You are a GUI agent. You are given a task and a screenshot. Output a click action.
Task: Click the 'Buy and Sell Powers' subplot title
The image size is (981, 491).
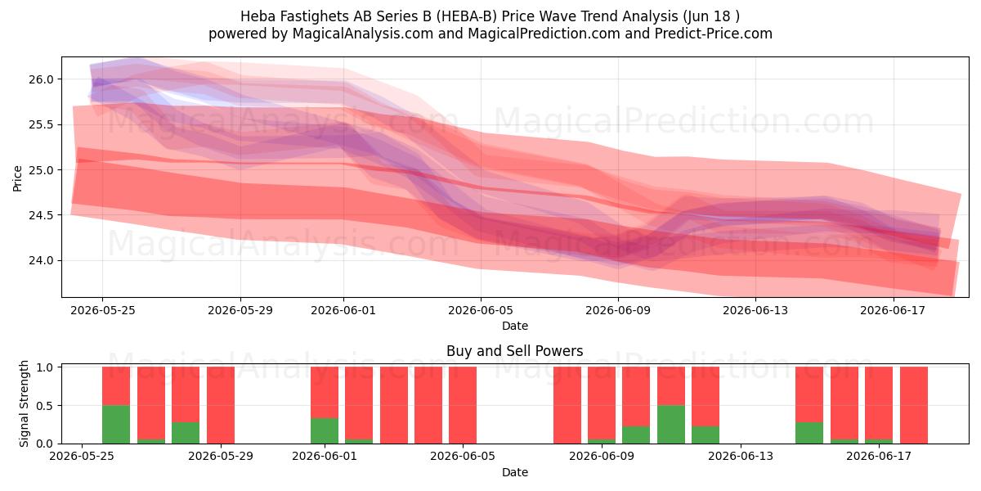[x=514, y=351]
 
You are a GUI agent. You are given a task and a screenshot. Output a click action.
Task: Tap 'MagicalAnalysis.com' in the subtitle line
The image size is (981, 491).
[x=363, y=34]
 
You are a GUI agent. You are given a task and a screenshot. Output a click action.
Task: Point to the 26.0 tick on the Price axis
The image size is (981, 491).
[x=41, y=79]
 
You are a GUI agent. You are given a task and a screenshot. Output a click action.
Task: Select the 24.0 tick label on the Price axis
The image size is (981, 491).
[x=41, y=260]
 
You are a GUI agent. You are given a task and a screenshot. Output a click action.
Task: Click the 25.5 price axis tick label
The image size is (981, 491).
[x=41, y=125]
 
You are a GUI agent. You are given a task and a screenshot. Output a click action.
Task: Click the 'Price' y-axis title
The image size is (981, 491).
[x=17, y=178]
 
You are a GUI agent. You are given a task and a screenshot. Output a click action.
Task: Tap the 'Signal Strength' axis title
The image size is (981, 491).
[x=24, y=403]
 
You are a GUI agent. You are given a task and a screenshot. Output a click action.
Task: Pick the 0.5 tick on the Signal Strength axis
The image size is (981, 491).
[x=44, y=406]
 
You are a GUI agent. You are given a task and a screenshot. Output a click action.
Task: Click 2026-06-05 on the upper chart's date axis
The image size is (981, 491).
[x=481, y=310]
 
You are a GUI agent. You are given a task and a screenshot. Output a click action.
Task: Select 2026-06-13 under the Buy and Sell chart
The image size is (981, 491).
[x=741, y=457]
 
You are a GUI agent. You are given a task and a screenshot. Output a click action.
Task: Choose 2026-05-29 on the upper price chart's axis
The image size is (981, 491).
[x=240, y=310]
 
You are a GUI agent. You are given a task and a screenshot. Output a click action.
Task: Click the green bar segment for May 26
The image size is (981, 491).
[x=116, y=425]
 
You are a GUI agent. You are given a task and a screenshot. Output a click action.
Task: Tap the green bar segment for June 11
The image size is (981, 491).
[x=671, y=425]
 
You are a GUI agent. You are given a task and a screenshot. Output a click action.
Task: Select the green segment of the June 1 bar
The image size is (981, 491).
[x=325, y=431]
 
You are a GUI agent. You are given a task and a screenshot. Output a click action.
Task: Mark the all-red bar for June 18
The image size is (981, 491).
[x=914, y=405]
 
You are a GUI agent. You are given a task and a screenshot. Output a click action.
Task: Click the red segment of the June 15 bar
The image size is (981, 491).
[x=809, y=394]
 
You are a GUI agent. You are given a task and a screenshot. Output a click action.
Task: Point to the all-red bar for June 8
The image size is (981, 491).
[x=567, y=405]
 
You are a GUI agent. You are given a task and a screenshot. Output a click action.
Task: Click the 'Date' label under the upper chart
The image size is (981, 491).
[x=514, y=326]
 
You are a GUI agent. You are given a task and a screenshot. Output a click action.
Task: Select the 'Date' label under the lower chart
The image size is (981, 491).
[x=514, y=472]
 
